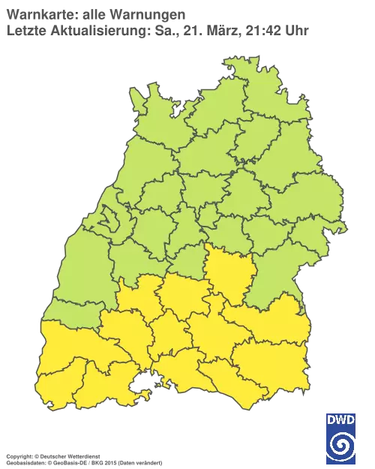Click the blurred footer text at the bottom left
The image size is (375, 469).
pyautogui.click(x=82, y=455)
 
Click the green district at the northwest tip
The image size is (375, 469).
pyautogui.click(x=146, y=105)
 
